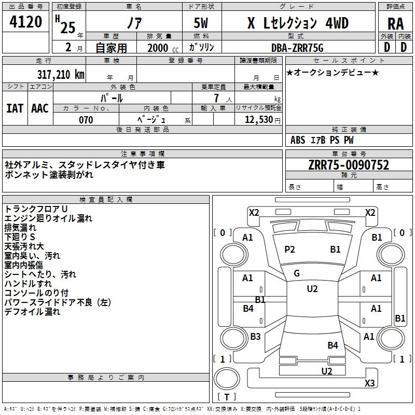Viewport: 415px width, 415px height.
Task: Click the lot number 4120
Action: (x=25, y=22)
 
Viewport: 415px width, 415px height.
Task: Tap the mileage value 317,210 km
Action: (x=61, y=74)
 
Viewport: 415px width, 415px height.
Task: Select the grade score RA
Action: (x=395, y=24)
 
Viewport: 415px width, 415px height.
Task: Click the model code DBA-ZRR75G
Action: (x=297, y=48)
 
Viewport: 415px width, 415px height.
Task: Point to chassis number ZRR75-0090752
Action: (x=349, y=165)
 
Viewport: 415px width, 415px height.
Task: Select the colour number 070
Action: (x=86, y=120)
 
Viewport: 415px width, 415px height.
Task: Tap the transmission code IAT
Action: (x=15, y=108)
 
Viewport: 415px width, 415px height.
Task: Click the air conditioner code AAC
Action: (x=40, y=108)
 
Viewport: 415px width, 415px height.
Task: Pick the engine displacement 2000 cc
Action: (x=163, y=48)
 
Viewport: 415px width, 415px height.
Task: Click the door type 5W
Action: (x=201, y=23)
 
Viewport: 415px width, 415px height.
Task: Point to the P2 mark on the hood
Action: (x=289, y=250)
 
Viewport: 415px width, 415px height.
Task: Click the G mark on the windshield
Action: (x=297, y=273)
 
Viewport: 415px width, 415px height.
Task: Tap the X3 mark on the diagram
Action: (x=369, y=383)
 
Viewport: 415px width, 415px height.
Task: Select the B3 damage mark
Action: (x=255, y=336)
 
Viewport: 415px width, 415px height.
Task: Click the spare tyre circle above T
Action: (x=227, y=378)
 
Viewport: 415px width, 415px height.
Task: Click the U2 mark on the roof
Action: (x=312, y=289)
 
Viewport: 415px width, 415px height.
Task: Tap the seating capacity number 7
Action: (x=216, y=98)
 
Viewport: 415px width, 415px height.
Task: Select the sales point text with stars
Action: (x=333, y=72)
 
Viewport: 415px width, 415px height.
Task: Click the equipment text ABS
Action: (x=298, y=140)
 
